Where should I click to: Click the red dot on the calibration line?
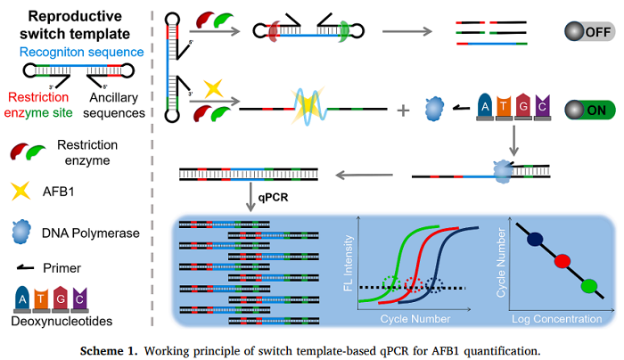[562, 262]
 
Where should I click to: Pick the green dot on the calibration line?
[588, 286]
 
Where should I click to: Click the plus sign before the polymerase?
[403, 110]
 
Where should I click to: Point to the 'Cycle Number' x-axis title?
[417, 319]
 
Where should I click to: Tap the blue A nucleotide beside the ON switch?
[486, 107]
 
